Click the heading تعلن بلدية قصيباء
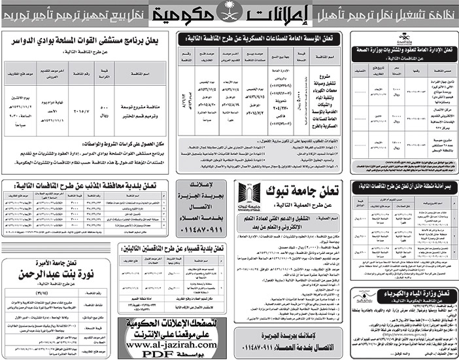178,248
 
